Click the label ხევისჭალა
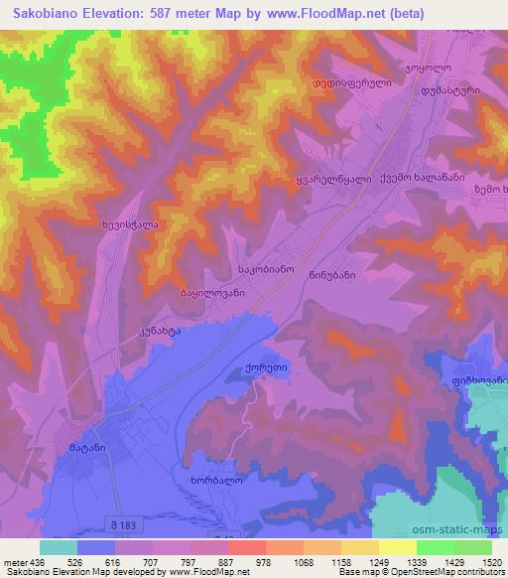(130, 225)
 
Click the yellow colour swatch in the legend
(398, 547)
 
